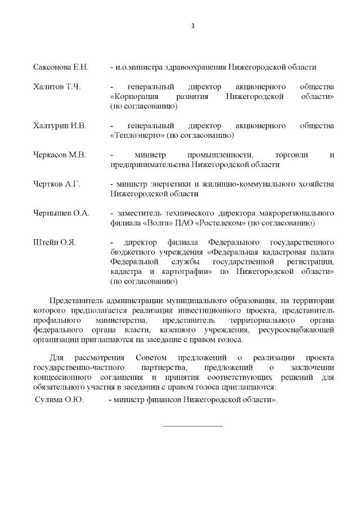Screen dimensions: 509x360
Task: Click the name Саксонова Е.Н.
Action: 61,67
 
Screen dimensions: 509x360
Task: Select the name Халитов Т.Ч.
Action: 57,87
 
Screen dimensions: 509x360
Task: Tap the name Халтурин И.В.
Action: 60,125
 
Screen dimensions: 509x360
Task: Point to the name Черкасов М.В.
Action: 60,155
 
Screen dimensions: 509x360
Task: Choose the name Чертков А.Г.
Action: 57,184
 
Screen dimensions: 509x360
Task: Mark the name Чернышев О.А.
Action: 61,213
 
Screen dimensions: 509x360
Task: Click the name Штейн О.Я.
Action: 55,242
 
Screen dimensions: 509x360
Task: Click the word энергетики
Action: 164,184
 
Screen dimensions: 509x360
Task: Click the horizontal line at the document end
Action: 192,426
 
